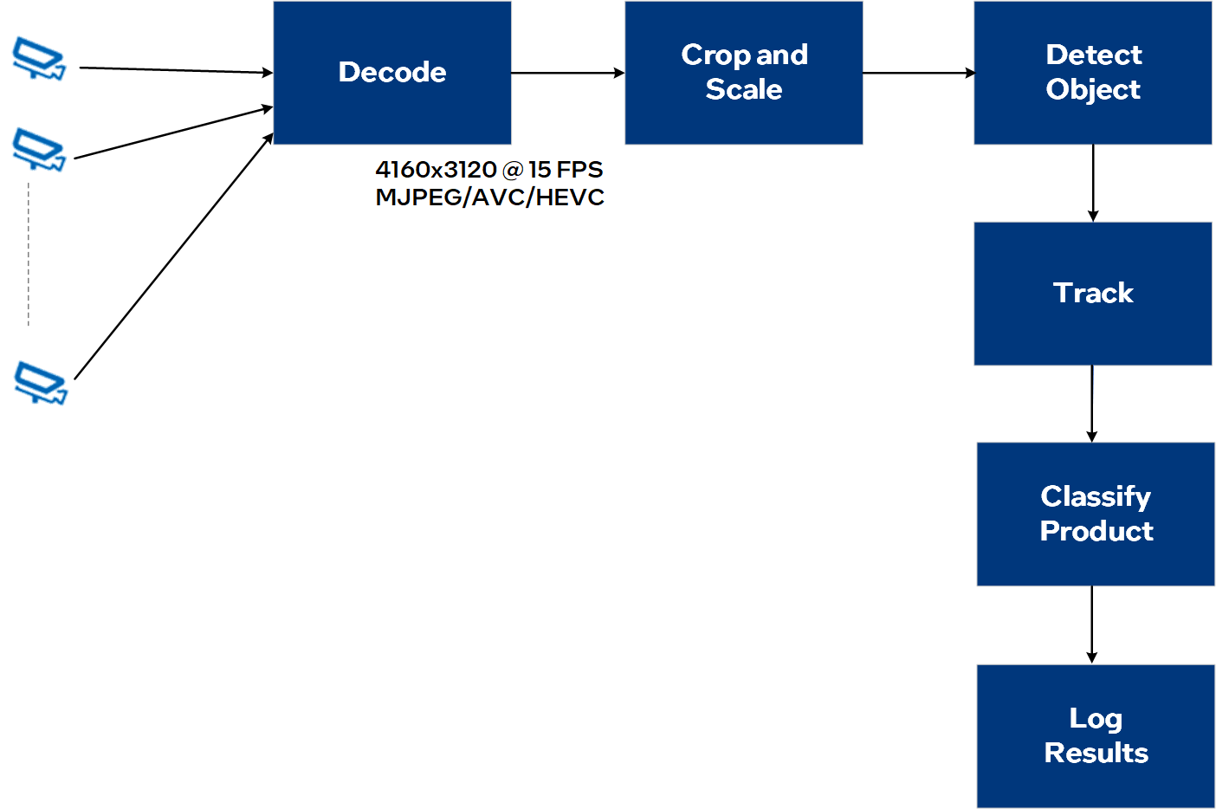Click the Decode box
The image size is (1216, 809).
(392, 73)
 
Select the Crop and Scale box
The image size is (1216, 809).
(744, 73)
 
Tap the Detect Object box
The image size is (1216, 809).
(1093, 73)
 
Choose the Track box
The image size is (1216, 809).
(1093, 293)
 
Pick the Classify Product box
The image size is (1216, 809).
(1096, 514)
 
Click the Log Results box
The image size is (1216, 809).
(1096, 736)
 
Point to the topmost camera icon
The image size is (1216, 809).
(39, 58)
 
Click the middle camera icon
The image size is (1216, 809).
(39, 149)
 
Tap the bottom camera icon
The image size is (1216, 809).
(41, 382)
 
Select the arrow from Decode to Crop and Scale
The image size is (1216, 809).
(568, 73)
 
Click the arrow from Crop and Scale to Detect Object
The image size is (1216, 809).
(919, 73)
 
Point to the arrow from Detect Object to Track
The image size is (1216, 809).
(1093, 183)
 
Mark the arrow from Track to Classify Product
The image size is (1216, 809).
(1091, 404)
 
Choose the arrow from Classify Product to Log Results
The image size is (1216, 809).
(1091, 625)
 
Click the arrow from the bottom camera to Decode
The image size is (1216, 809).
(174, 256)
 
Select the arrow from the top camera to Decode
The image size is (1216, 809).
(176, 70)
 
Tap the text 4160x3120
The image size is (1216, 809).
(436, 170)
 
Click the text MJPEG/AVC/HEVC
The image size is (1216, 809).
(489, 197)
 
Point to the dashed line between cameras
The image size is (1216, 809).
(29, 254)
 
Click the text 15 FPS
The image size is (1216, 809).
(566, 170)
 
